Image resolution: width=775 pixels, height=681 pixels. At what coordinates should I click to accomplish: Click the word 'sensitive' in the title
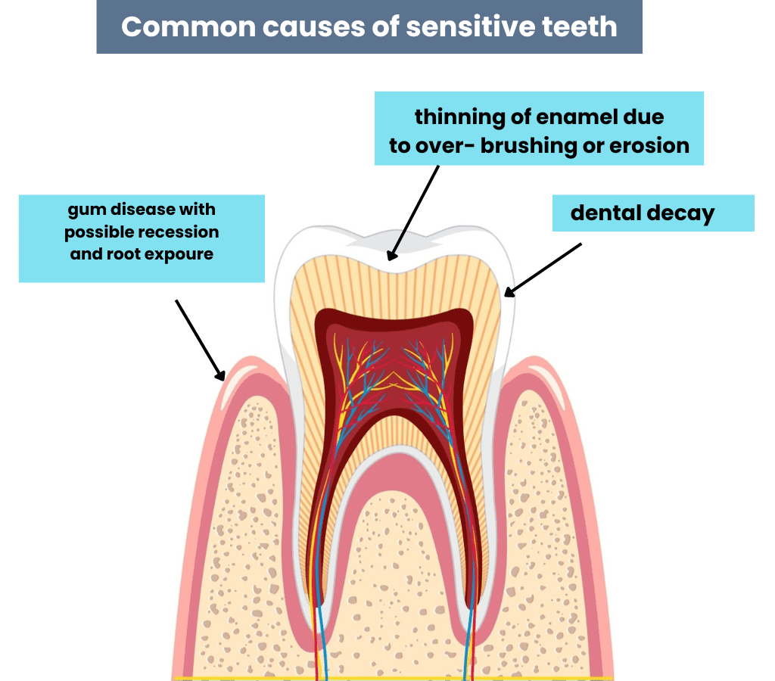[470, 26]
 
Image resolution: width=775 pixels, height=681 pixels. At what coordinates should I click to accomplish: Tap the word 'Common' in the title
[188, 26]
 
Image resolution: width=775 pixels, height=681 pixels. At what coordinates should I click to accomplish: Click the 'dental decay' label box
[653, 213]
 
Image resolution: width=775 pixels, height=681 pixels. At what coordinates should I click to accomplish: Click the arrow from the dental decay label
[543, 270]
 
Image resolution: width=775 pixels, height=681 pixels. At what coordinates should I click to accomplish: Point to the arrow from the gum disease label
[201, 340]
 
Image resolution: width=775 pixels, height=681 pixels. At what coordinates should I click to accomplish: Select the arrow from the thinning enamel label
[412, 213]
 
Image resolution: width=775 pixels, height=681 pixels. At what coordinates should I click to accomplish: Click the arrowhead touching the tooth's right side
[509, 292]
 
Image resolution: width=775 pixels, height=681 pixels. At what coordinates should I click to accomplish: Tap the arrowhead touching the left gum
[221, 375]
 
